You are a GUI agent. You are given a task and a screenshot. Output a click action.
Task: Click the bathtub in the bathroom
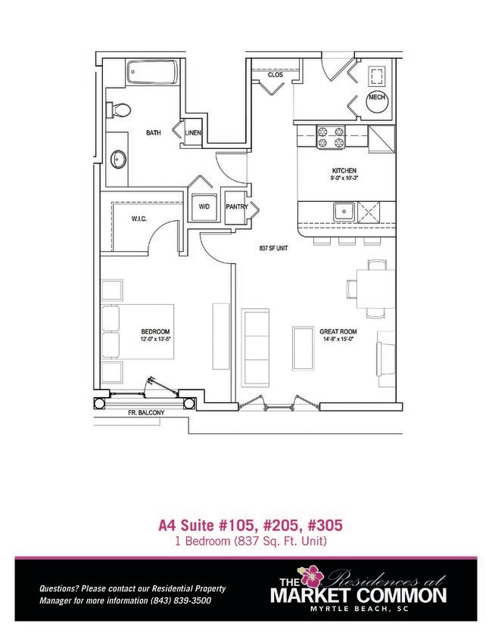154,73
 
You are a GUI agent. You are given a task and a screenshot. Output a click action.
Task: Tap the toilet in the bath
116,110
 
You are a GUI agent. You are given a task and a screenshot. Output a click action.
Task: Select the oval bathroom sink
118,160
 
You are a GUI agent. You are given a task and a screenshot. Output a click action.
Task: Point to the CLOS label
275,75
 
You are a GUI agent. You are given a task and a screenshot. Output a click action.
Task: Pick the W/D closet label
204,206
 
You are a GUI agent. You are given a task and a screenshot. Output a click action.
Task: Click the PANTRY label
236,206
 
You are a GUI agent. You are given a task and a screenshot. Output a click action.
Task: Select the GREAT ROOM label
338,331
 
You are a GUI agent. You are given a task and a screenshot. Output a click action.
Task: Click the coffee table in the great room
303,348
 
